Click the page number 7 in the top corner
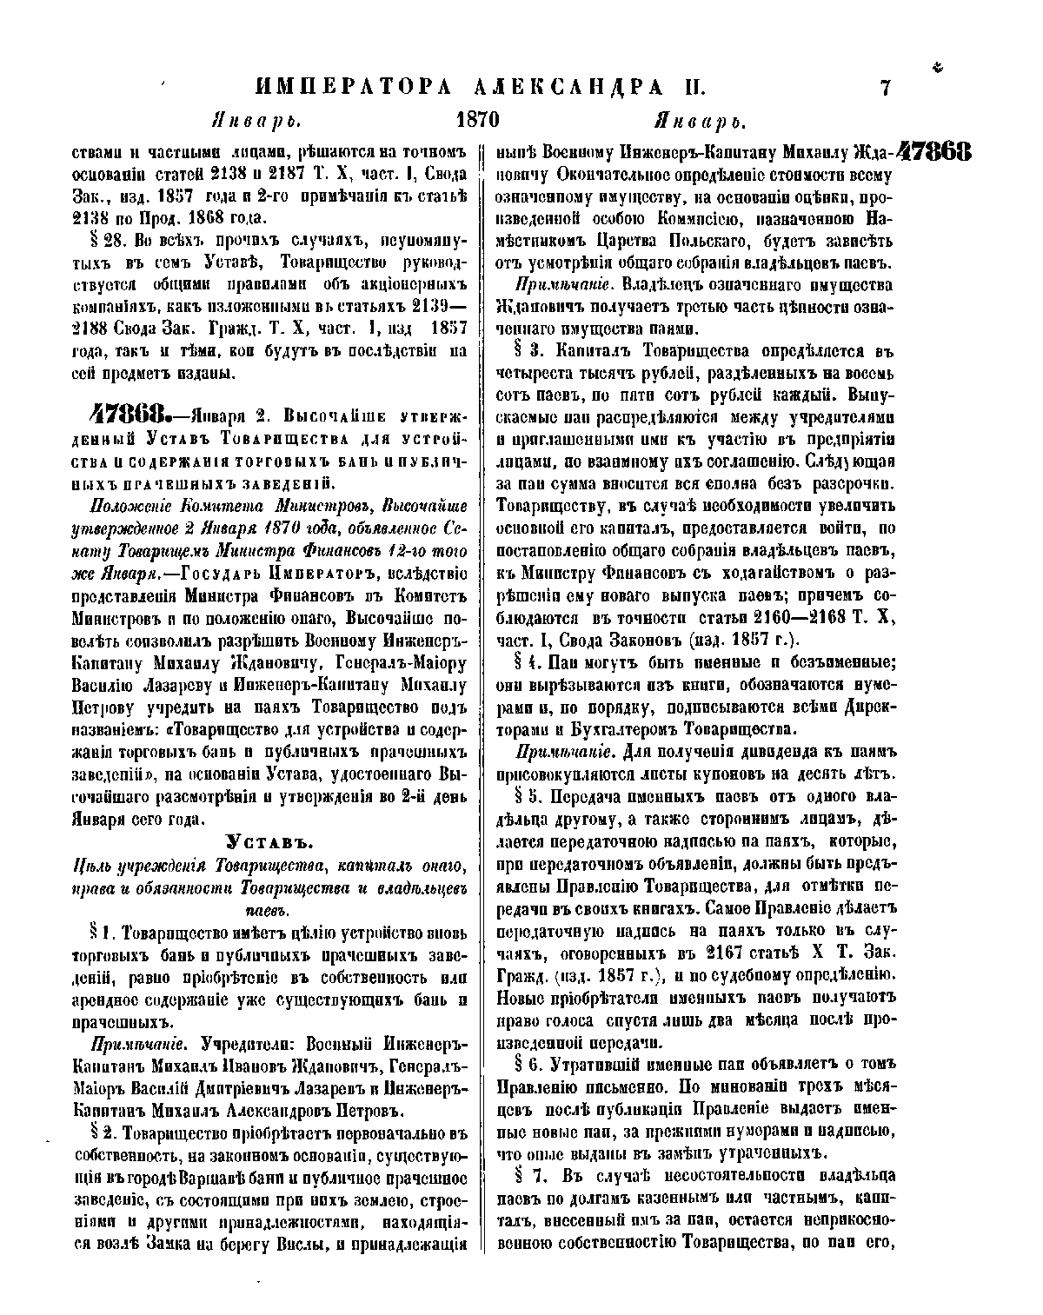coord(886,88)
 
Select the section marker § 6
coord(529,1064)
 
